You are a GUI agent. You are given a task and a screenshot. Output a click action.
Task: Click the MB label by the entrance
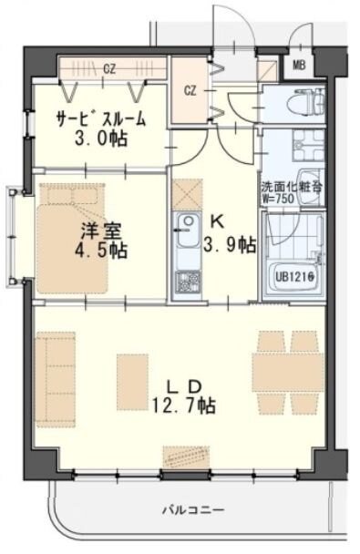(299, 66)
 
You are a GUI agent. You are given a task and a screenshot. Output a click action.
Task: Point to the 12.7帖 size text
(184, 405)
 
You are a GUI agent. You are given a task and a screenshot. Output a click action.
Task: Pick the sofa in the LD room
(54, 378)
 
